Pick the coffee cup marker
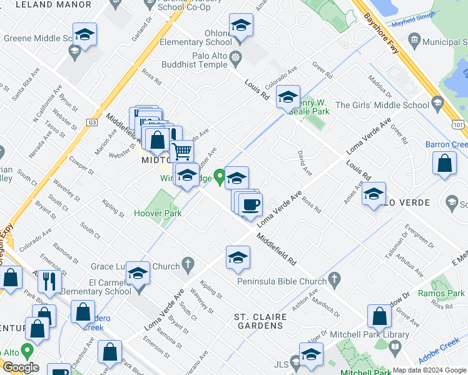click(x=250, y=204)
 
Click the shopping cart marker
click(x=181, y=151)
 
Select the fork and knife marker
click(x=49, y=281)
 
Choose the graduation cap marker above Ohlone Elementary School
click(x=241, y=26)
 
